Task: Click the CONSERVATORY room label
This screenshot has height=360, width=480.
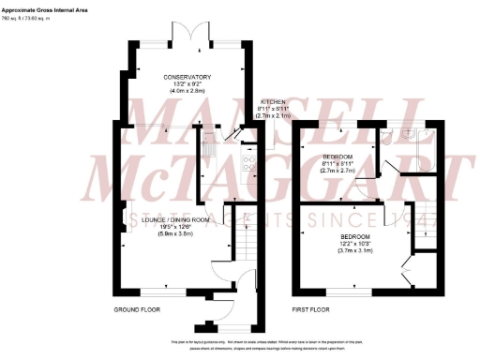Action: coord(187,77)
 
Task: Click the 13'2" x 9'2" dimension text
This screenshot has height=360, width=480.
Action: coord(187,84)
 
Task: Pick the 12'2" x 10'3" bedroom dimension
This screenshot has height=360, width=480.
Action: coord(356,244)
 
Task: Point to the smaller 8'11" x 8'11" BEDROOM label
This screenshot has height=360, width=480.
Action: coord(337,157)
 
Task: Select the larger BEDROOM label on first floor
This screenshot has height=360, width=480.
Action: coord(356,236)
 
